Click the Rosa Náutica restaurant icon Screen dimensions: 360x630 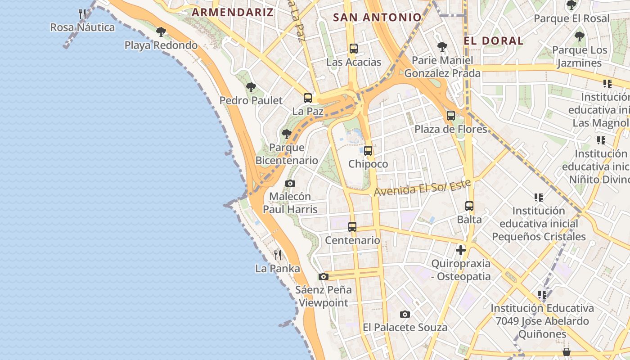point(82,14)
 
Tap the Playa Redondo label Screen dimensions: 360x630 point(161,45)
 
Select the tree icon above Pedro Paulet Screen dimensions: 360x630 point(251,87)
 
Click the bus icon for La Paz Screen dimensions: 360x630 point(308,98)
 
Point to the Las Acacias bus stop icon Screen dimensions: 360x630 point(354,49)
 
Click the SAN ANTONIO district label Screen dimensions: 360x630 point(377,17)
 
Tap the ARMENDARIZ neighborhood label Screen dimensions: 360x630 point(233,12)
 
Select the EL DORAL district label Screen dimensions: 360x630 point(494,40)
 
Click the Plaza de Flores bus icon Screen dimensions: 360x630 point(451,116)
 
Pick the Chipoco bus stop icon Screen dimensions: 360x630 point(368,151)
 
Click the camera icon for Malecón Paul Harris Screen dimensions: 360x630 point(290,183)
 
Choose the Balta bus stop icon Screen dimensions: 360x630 point(469,206)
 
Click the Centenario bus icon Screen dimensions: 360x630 point(352,227)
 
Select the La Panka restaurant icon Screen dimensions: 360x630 point(278,255)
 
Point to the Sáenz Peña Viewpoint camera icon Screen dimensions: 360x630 point(323,276)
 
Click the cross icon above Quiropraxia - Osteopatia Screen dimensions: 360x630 point(461,250)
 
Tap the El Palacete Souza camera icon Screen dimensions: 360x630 point(405,314)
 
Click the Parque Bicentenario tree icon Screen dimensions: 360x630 point(287,134)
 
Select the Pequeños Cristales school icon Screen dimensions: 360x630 point(539,197)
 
